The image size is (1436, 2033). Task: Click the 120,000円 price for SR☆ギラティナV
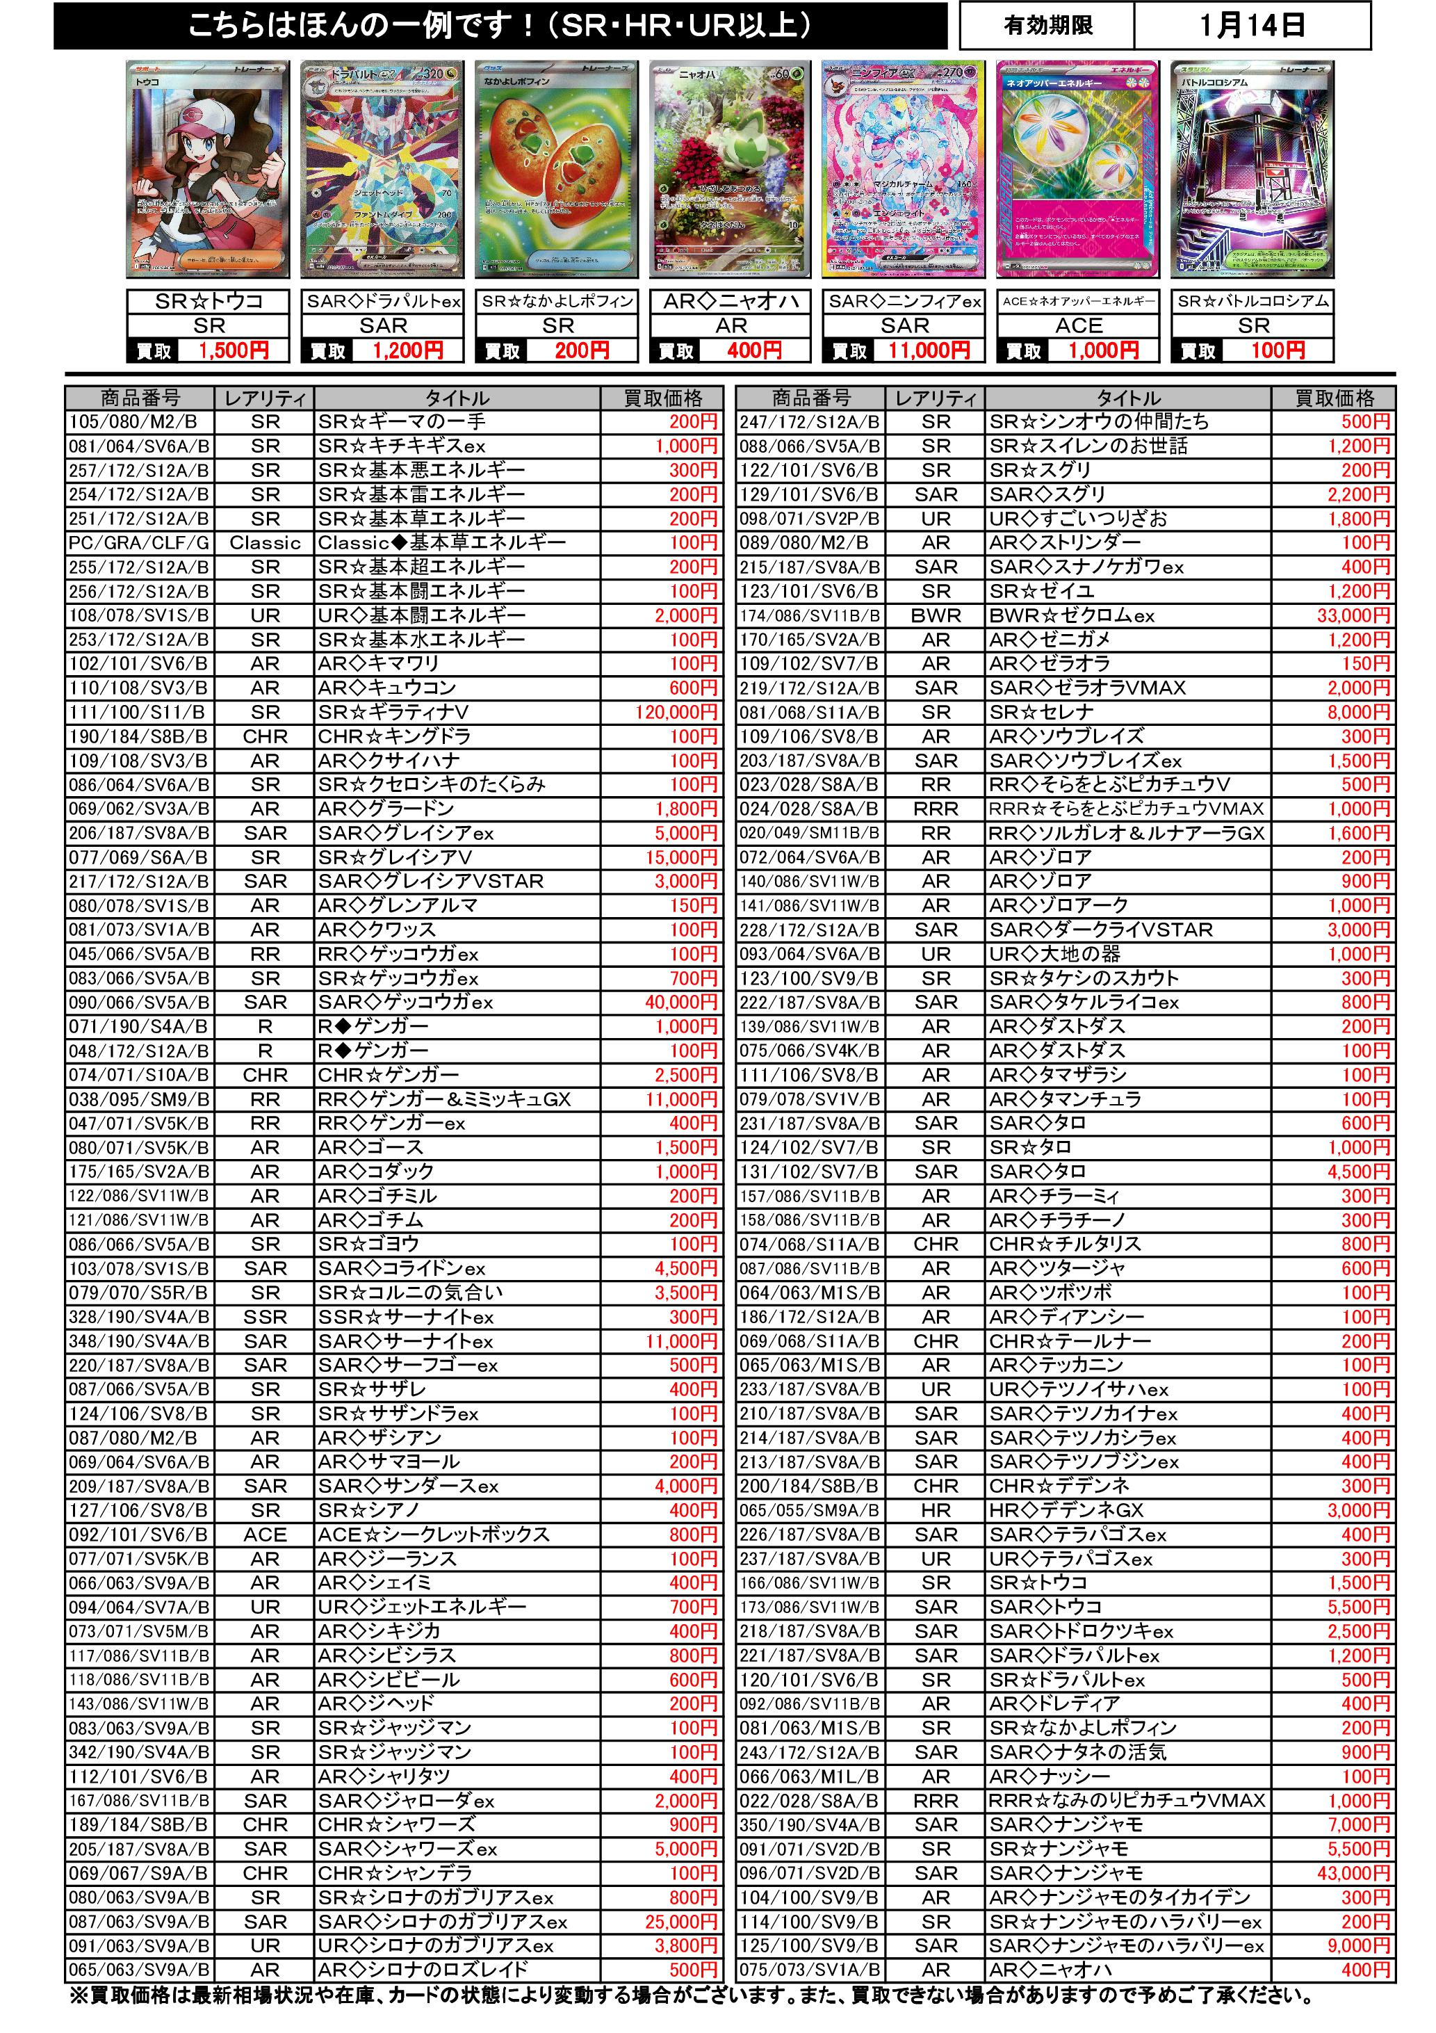(676, 712)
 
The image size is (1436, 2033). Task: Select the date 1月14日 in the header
(1252, 26)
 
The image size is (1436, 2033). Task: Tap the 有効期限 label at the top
(1048, 26)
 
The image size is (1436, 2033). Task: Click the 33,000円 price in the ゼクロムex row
(1354, 615)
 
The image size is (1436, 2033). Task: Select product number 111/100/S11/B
(137, 712)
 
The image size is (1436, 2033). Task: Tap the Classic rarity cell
(265, 543)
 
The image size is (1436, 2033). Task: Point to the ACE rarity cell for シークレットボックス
(265, 1534)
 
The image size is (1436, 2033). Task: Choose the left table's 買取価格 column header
(662, 398)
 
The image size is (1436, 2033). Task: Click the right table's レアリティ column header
(936, 398)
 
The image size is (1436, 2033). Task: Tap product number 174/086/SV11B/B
(810, 615)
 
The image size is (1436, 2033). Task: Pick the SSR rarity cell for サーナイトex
(265, 1317)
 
